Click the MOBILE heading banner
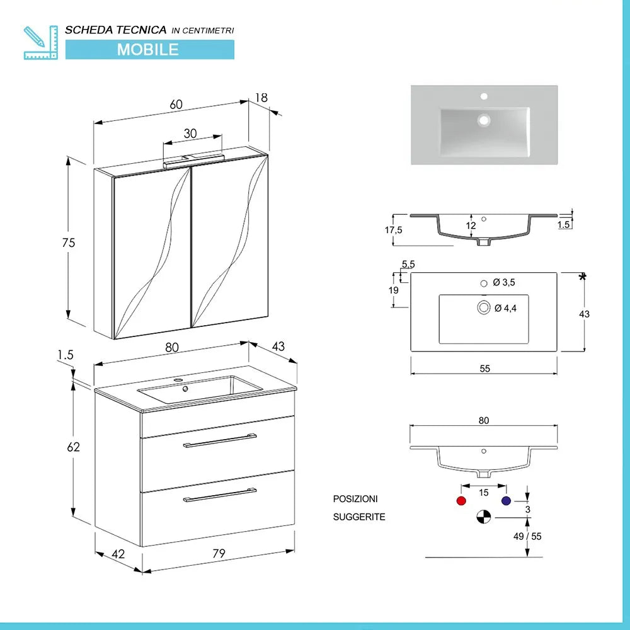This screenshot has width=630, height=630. tap(149, 49)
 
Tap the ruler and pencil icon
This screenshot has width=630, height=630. tap(39, 43)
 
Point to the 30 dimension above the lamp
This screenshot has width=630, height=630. tap(190, 134)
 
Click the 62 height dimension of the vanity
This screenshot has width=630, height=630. tap(74, 447)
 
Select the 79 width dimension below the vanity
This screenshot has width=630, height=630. tap(218, 554)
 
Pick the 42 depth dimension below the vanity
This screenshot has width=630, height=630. tap(118, 554)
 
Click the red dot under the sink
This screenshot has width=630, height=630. tap(461, 501)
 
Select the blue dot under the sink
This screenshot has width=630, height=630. tap(506, 501)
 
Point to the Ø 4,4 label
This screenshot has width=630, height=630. tap(506, 308)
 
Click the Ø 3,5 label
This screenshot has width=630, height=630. tap(505, 283)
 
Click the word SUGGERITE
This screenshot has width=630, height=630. tap(359, 517)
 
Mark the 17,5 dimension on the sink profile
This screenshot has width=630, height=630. tap(393, 231)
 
